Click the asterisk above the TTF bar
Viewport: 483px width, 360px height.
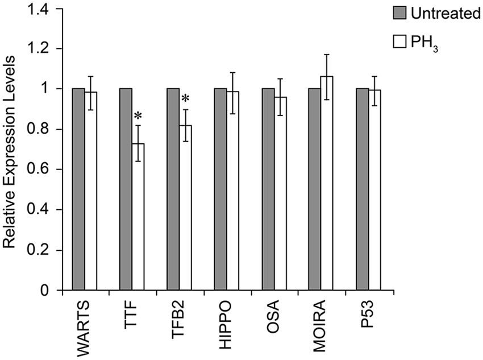[x=138, y=116]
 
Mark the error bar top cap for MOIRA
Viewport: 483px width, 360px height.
[x=327, y=55]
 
